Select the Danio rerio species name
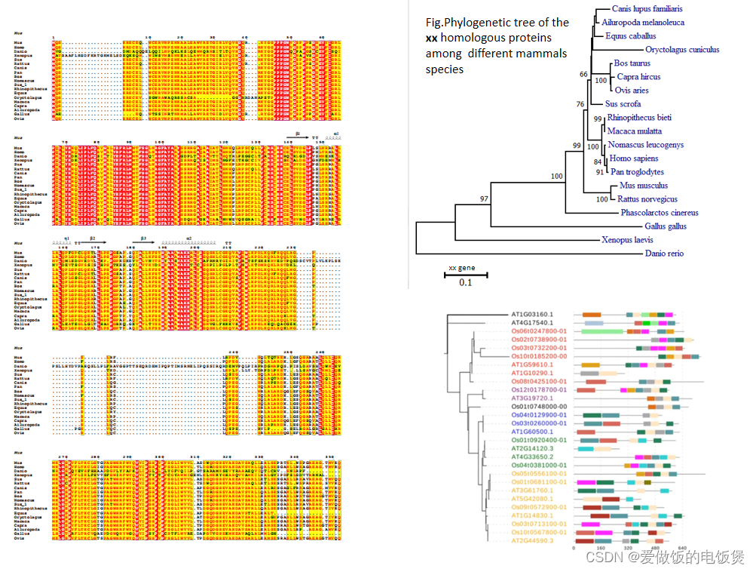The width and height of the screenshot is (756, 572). pyautogui.click(x=664, y=254)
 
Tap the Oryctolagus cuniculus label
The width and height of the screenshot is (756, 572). pyautogui.click(x=682, y=50)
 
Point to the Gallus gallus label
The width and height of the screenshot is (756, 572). pyautogui.click(x=666, y=226)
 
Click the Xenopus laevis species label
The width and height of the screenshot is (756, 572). pyautogui.click(x=626, y=240)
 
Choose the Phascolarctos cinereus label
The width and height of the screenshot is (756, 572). pyautogui.click(x=659, y=213)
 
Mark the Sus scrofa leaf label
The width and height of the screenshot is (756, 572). pyautogui.click(x=623, y=104)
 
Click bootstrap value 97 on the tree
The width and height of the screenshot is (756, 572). pyautogui.click(x=485, y=198)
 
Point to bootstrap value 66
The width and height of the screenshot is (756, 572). pyautogui.click(x=583, y=74)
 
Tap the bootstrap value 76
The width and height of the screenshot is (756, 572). pyautogui.click(x=580, y=104)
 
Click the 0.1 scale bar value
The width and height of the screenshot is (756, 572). pyautogui.click(x=465, y=283)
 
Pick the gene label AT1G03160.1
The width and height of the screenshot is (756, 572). pyautogui.click(x=532, y=314)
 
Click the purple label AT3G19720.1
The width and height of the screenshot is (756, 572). pyautogui.click(x=532, y=398)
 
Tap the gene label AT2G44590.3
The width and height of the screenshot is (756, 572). pyautogui.click(x=532, y=541)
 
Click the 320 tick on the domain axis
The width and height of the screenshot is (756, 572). pyautogui.click(x=628, y=549)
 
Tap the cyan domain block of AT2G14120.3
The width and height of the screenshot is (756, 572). pyautogui.click(x=586, y=448)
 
